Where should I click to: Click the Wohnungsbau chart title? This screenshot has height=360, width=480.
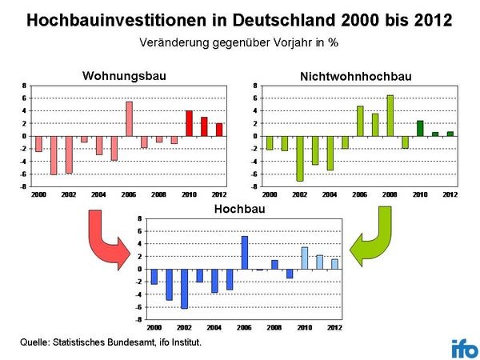(126, 76)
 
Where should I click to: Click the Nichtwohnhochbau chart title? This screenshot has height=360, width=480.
(355, 76)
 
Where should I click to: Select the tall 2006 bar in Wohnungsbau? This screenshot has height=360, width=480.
(129, 118)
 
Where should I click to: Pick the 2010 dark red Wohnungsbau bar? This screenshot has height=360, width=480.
(189, 123)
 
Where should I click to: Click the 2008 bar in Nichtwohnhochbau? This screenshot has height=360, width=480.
(390, 116)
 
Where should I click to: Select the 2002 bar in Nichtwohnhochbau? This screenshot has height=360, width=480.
(300, 158)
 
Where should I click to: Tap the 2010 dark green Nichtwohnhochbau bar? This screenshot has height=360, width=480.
(420, 128)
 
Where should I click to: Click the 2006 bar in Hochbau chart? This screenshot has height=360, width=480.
(245, 253)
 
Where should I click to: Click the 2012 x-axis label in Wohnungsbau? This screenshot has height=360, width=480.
(218, 195)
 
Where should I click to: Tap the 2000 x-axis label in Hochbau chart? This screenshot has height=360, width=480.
(154, 328)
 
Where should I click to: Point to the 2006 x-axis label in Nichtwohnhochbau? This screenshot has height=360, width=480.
(360, 195)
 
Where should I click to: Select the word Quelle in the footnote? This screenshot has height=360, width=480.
(36, 342)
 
